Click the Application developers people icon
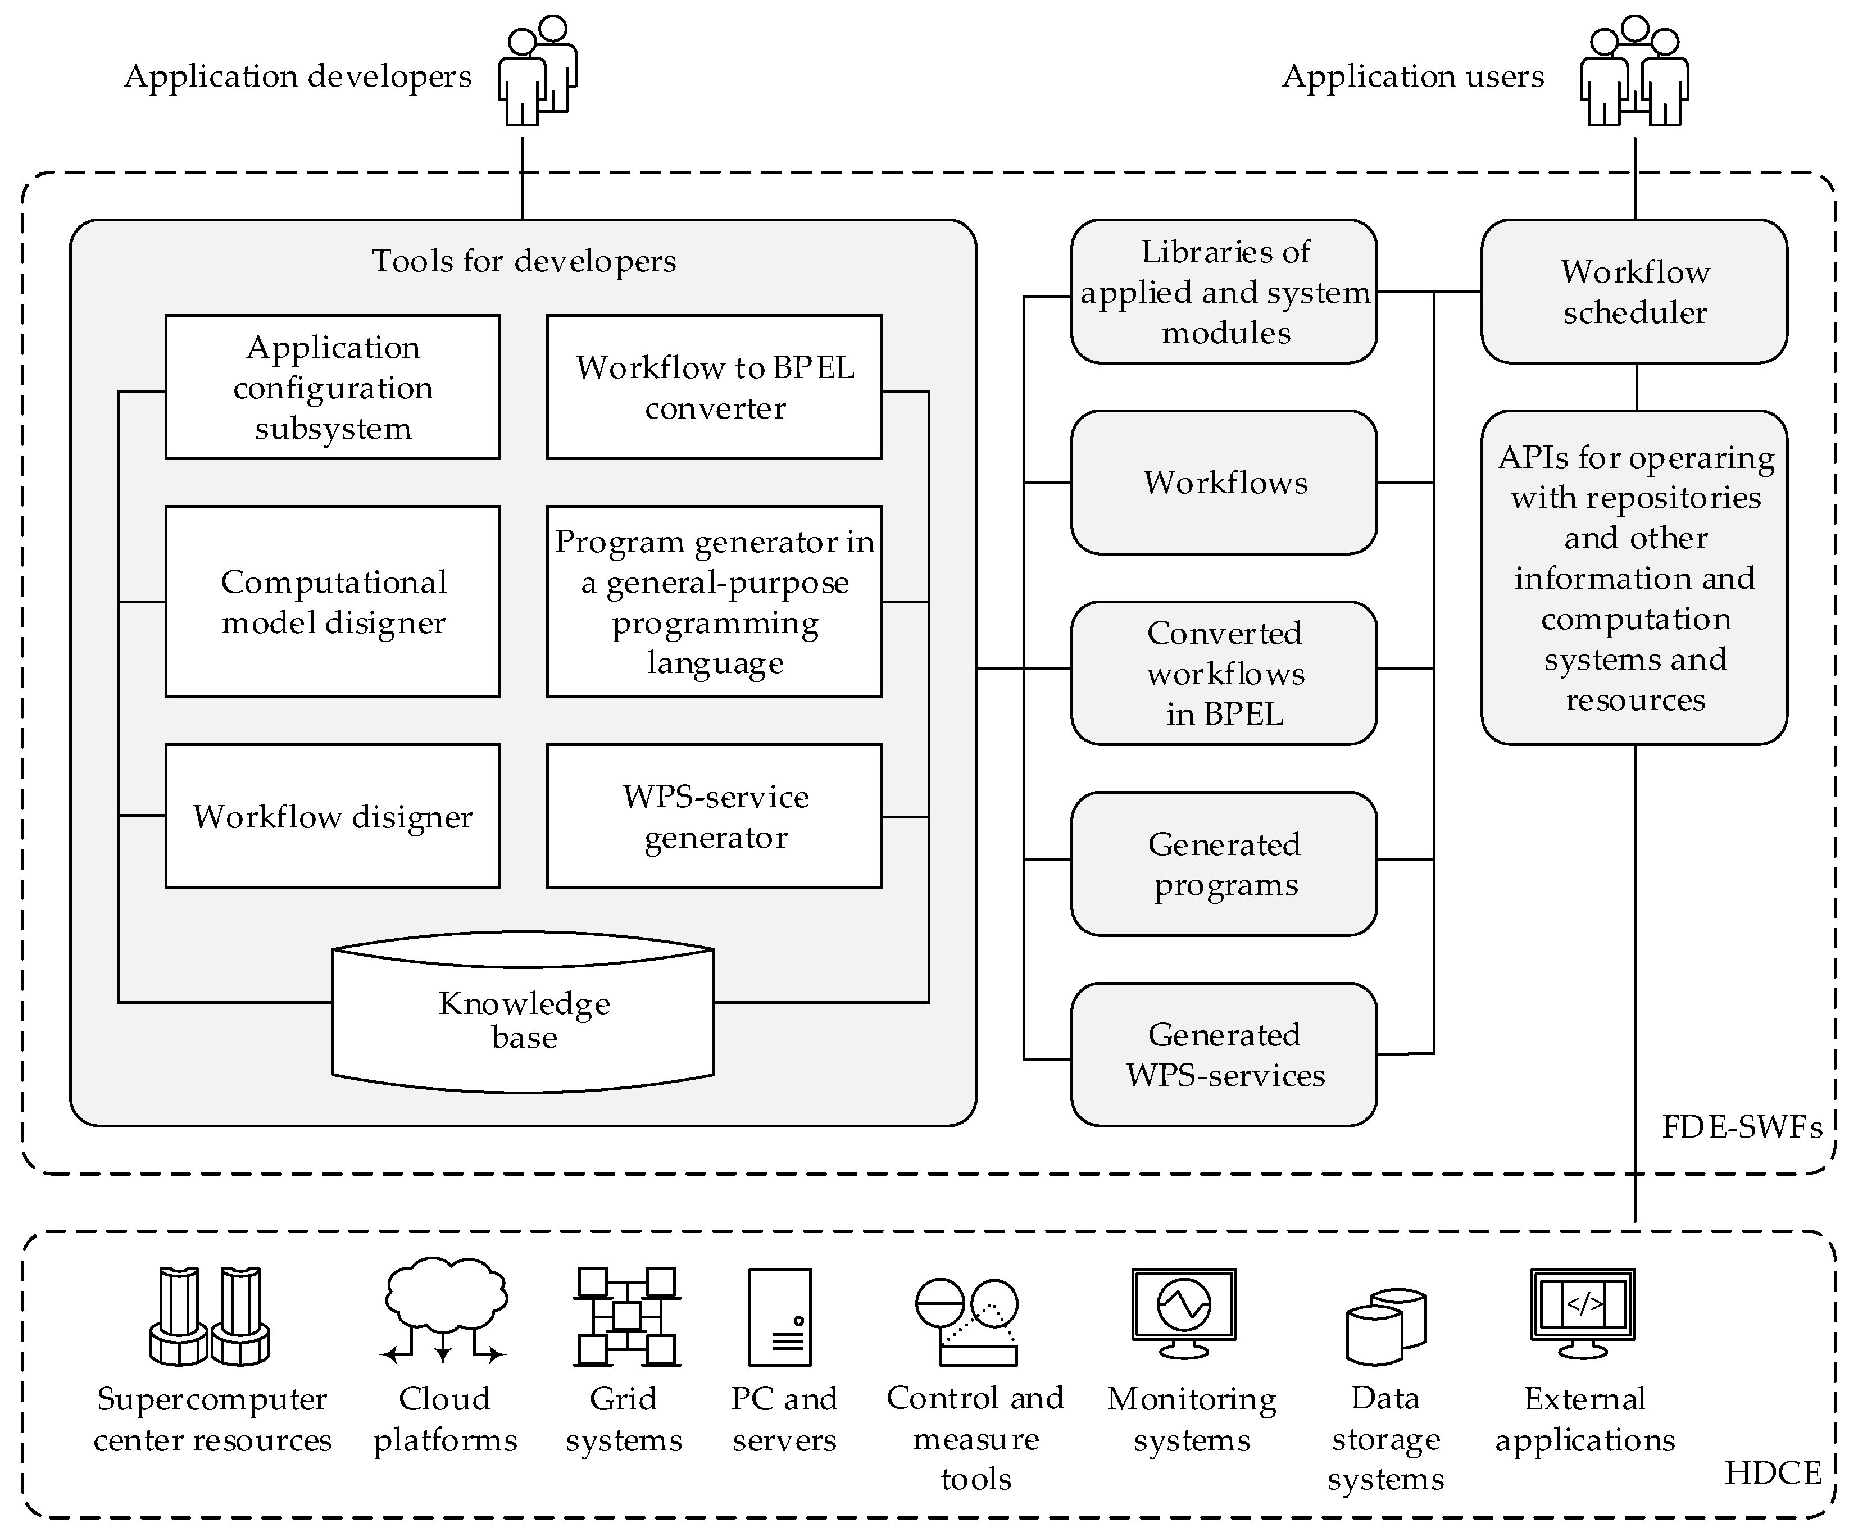pos(537,71)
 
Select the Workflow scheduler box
pos(1634,292)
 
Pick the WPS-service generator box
pos(714,816)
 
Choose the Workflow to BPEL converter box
pos(714,387)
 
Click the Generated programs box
pos(1224,863)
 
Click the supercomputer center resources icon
pos(210,1316)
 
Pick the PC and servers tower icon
pos(779,1316)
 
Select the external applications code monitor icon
pos(1582,1312)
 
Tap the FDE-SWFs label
pos(1741,1127)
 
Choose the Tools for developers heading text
pos(524,261)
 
